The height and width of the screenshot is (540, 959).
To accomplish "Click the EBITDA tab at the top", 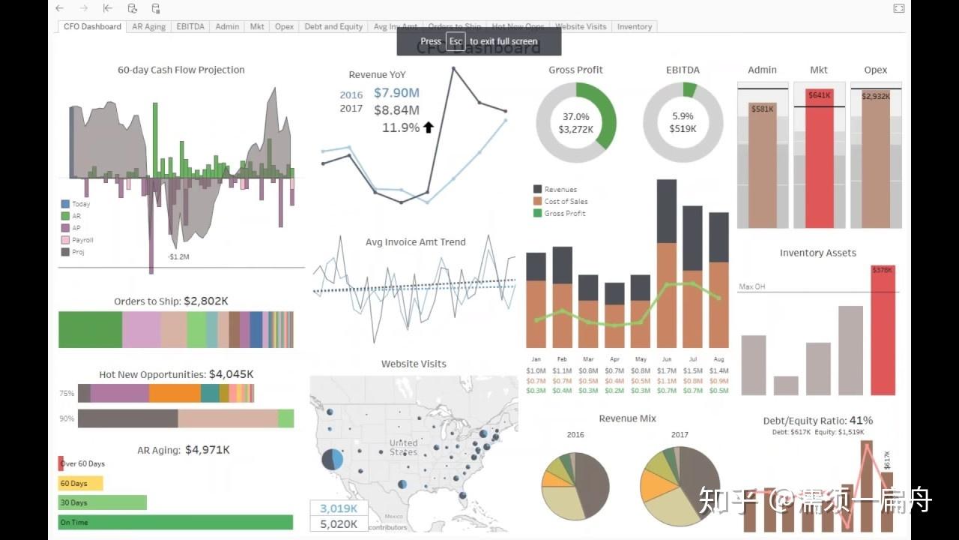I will (190, 26).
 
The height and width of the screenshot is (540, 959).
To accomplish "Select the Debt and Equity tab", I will (333, 26).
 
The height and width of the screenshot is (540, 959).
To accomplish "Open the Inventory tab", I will (634, 26).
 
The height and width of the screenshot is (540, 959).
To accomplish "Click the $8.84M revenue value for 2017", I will (396, 110).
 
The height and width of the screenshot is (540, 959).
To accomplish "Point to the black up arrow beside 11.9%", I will (429, 127).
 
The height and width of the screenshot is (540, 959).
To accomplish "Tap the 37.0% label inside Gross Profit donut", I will (575, 116).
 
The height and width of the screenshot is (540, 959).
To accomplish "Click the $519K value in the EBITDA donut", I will (683, 129).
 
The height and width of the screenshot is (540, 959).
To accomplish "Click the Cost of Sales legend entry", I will (566, 201).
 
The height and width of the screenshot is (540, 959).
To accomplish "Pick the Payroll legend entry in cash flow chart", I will (82, 240).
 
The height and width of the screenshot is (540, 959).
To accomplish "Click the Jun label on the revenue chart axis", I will (665, 359).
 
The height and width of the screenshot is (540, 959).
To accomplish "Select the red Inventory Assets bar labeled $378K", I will (883, 330).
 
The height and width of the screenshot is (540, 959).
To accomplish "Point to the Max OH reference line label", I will (751, 286).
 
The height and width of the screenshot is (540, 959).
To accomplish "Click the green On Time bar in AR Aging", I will (175, 522).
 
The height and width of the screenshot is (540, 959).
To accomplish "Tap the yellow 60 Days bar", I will (80, 484).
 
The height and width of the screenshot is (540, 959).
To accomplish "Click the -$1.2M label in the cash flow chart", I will (178, 256).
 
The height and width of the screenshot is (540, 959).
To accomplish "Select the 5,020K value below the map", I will (339, 524).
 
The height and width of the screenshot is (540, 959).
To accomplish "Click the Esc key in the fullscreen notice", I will (456, 41).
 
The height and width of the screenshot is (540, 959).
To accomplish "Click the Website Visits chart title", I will (414, 364).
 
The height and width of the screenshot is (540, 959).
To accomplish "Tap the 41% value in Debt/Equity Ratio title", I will (861, 421).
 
